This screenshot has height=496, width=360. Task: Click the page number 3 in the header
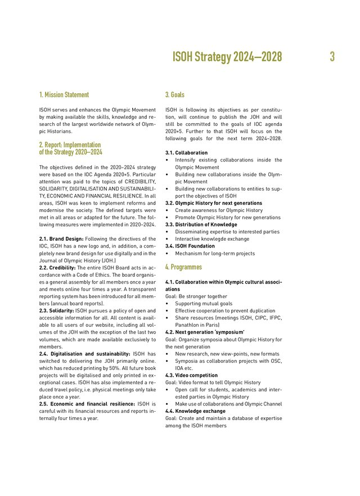pos(332,57)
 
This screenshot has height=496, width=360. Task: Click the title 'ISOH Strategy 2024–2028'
pos(227,57)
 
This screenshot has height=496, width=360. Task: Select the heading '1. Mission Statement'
pos(64,95)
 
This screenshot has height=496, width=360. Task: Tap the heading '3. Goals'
pos(174,95)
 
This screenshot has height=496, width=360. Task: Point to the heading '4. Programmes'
pos(182,267)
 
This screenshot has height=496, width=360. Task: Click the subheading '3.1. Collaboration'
pos(186,153)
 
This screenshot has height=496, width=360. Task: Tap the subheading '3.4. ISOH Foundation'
pos(190,246)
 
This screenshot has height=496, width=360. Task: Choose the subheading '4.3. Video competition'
pos(191,375)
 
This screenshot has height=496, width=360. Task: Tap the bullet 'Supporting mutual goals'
pos(204,303)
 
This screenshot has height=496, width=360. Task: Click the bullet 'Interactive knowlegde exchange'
pos(211,238)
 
